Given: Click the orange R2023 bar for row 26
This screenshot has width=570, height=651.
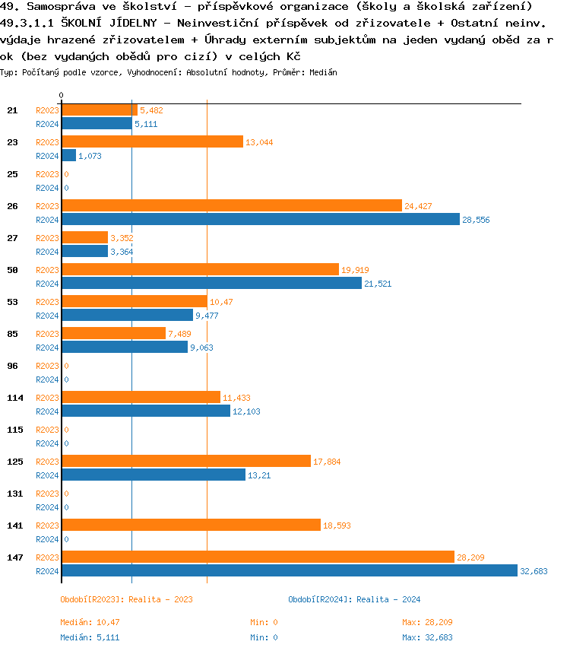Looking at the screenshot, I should point(231,205).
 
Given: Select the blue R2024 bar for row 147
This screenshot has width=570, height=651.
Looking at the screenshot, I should point(289,570).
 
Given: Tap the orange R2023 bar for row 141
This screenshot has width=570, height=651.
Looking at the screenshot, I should point(191,525).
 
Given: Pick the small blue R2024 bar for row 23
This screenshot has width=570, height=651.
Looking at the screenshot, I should point(68,155).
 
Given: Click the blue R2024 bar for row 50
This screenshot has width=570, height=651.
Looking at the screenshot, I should point(211,283).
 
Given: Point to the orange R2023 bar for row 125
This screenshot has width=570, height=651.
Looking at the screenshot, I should point(186,461).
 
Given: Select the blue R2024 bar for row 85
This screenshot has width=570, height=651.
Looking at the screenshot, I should point(125,347).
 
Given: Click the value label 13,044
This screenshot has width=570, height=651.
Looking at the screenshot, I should point(260,142).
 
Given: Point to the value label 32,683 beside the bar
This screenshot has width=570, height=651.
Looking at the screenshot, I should point(534,571).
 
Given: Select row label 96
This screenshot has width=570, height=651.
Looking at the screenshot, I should point(12,366).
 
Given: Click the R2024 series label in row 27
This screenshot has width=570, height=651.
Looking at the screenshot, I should point(47,252).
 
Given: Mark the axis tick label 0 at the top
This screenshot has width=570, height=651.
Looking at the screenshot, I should point(61,95).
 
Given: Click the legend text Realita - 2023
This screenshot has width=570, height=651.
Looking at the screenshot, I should point(160,599).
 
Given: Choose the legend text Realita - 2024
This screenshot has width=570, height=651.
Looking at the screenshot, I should point(388,599).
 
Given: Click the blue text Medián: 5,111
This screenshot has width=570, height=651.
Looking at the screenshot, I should point(90,637).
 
